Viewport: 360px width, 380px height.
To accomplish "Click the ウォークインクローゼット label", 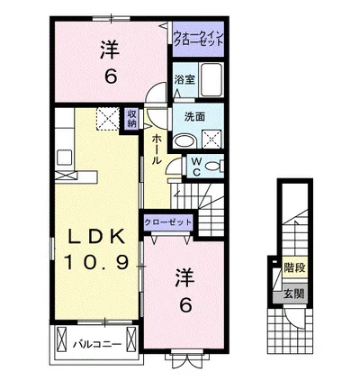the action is coord(199,39).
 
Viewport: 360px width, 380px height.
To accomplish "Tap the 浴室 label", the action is coord(184,79).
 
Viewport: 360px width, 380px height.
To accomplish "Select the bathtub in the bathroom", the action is coord(211,79).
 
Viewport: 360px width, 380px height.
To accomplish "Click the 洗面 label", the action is coord(194,116).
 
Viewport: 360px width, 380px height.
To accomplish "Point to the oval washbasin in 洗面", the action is coord(185,141).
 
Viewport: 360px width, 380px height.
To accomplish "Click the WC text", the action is coord(196,167).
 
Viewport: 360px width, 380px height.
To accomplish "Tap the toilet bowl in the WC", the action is coord(215,166).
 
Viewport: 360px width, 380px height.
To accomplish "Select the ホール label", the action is coord(156,149).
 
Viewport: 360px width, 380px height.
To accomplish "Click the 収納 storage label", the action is coord(131,119).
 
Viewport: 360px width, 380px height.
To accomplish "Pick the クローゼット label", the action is coord(167,222).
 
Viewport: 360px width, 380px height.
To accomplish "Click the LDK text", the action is coord(96,237).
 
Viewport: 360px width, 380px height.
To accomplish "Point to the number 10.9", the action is coord(95,262).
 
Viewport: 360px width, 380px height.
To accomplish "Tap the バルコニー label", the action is coord(97,344).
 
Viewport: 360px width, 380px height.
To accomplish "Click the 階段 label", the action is coord(295,267).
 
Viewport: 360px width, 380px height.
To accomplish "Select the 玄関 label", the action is coord(294,294).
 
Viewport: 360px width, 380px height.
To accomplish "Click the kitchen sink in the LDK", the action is coord(64,157).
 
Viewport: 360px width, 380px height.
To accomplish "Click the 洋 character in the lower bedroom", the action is coord(184,277).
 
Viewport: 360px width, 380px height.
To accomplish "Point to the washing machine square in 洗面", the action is coord(211,139).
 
